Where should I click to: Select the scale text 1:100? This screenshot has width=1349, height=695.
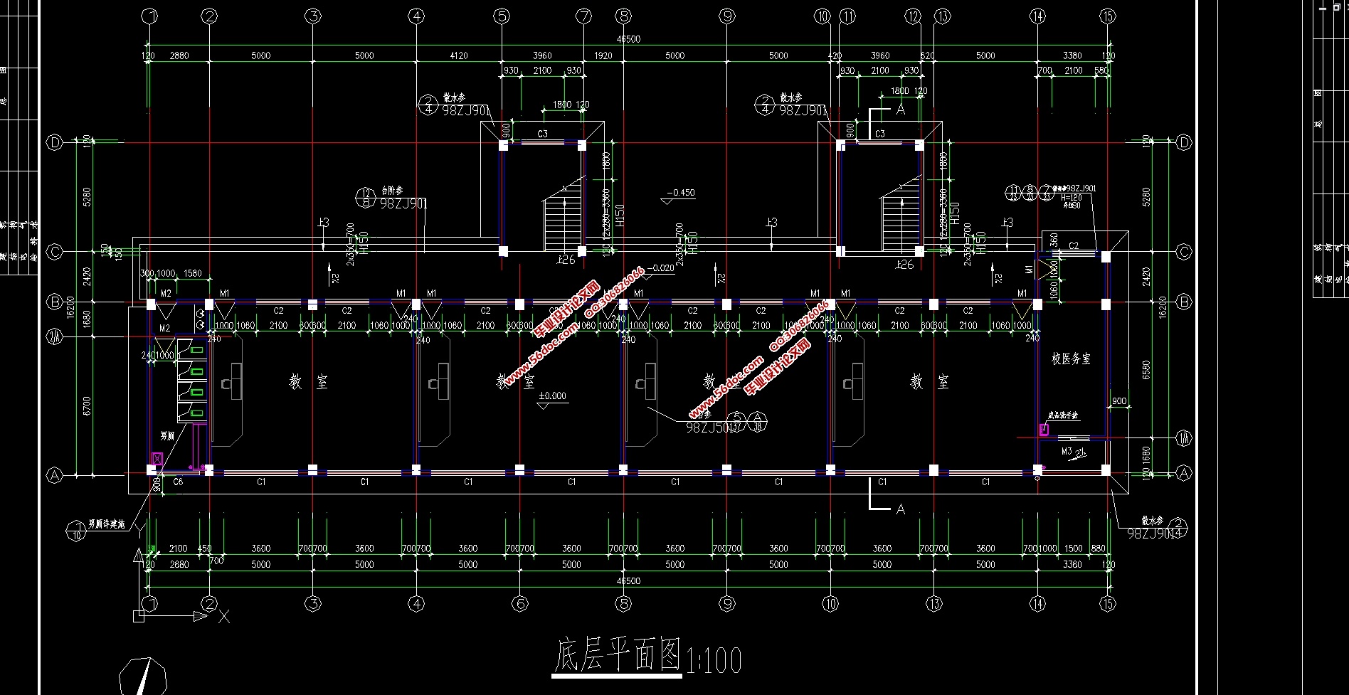pos(713,659)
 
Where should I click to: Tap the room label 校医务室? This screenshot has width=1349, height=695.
pos(1071,359)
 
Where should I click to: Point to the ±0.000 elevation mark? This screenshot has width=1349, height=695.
pos(553,396)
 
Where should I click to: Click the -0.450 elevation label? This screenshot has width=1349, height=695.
pos(682,193)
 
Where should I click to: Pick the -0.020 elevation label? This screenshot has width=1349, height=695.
pos(662,268)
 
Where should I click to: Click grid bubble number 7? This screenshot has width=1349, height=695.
pos(583,16)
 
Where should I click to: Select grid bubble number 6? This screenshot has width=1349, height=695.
pos(520,604)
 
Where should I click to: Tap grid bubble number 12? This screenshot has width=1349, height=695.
pos(914,16)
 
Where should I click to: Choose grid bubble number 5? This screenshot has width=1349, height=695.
pos(502,16)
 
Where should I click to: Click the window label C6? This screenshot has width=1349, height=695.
pos(179,482)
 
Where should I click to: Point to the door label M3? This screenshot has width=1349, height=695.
pos(1067,451)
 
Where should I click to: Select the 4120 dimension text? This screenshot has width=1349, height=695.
pos(459,55)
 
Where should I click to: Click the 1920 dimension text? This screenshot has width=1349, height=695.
pos(603,55)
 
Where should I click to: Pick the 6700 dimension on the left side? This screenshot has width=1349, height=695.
pos(87,405)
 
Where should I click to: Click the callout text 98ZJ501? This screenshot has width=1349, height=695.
pos(708,428)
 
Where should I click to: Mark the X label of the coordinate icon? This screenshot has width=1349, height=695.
pos(224,616)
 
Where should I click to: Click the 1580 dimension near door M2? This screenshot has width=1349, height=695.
pos(192,273)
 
